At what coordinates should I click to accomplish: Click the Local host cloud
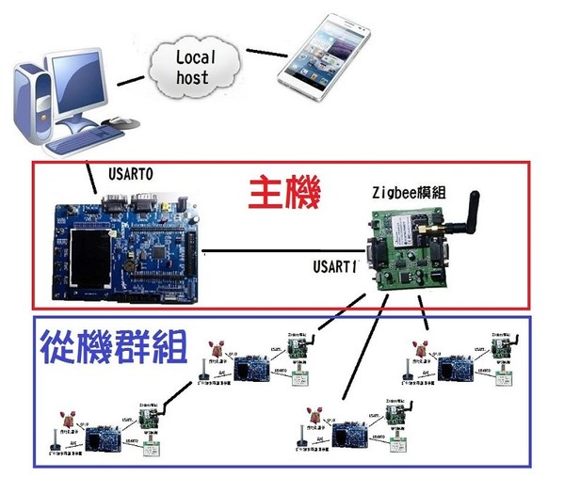(x=196, y=67)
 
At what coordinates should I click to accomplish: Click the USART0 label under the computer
(x=132, y=172)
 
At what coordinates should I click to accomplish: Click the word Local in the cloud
(x=196, y=56)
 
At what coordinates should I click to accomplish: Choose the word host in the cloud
(x=194, y=76)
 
